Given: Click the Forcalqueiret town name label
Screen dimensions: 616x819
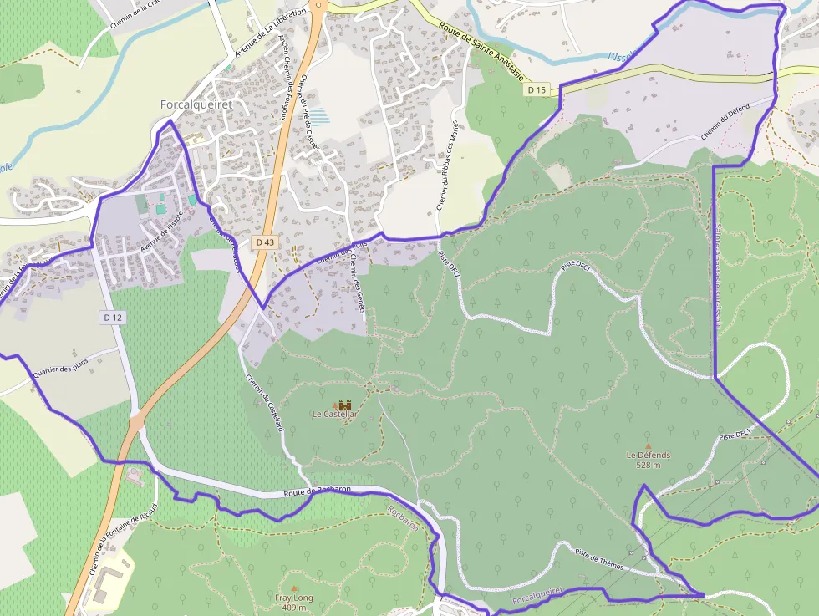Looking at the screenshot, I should pyautogui.click(x=196, y=105).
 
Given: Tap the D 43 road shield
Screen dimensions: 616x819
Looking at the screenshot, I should pyautogui.click(x=265, y=242).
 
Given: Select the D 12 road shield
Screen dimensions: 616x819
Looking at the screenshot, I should pyautogui.click(x=114, y=318).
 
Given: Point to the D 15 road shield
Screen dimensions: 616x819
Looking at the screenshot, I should pyautogui.click(x=537, y=89).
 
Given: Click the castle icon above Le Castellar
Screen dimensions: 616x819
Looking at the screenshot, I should pyautogui.click(x=345, y=405).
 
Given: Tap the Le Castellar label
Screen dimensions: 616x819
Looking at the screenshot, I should pyautogui.click(x=334, y=415).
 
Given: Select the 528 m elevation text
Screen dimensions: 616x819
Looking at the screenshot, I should pyautogui.click(x=649, y=466).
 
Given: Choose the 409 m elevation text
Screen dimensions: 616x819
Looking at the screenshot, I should pyautogui.click(x=294, y=608).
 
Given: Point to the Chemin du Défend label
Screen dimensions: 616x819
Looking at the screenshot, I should pyautogui.click(x=725, y=123).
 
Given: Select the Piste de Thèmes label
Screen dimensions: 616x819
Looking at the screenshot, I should pyautogui.click(x=599, y=559).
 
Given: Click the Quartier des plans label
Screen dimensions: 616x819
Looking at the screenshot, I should pyautogui.click(x=61, y=369).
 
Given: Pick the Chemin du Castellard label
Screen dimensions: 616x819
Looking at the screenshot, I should pyautogui.click(x=266, y=402).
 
